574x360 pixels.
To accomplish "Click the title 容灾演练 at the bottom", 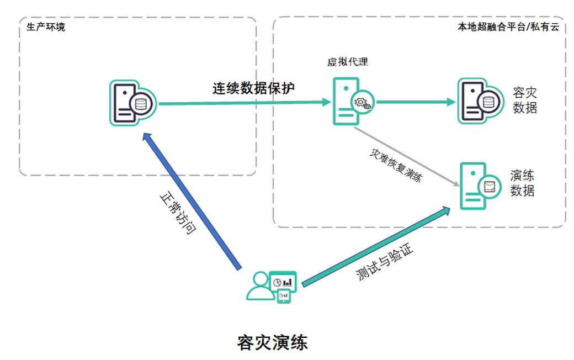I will [272, 342].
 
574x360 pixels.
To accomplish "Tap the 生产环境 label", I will [46, 27].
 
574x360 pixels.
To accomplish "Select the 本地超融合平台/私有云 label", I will [508, 27].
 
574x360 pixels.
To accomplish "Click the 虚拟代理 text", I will [348, 62].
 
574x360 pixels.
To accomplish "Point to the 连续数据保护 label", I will [254, 88].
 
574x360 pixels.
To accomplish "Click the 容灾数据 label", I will [524, 100].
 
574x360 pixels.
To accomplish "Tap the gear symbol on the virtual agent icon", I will [363, 103].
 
